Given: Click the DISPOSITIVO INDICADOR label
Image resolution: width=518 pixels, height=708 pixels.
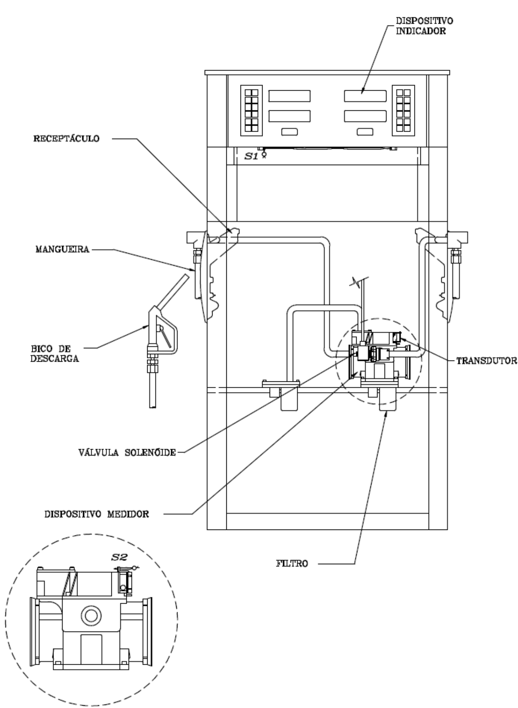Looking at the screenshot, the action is tap(421, 26).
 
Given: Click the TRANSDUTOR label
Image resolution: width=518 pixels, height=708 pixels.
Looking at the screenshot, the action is tap(487, 361).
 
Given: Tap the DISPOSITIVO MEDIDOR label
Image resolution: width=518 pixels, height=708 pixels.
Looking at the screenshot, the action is tap(96, 514).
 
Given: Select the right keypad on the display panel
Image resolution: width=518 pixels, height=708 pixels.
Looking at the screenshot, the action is tap(403, 110).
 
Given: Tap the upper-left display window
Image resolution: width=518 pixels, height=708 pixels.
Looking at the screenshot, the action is tap(289, 96).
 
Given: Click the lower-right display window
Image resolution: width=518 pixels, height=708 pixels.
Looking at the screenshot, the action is tap(365, 116).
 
